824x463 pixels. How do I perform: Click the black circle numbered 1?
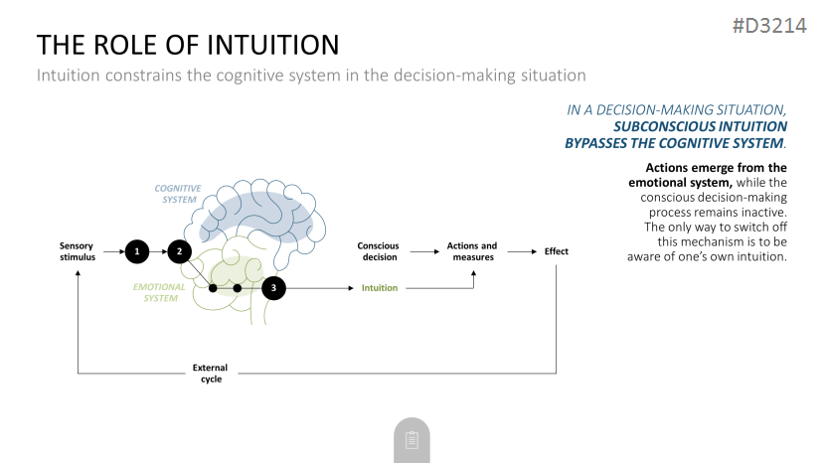[137, 251]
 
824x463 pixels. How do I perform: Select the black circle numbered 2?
[179, 251]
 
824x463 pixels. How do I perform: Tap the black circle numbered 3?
[273, 288]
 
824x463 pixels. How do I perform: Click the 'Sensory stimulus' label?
[77, 251]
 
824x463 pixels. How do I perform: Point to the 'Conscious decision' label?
[379, 251]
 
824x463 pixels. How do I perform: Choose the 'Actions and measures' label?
[472, 251]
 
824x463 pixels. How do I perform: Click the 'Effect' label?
[556, 251]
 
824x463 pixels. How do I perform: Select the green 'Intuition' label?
[380, 288]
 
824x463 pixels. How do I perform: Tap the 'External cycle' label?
[210, 374]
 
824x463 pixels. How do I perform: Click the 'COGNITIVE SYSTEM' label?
[178, 194]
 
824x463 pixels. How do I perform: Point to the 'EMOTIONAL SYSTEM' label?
[159, 292]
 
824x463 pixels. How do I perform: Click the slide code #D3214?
[769, 25]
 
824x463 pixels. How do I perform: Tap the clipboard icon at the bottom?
[412, 440]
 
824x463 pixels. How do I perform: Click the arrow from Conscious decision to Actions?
[424, 251]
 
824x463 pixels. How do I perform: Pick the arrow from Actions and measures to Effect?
[523, 251]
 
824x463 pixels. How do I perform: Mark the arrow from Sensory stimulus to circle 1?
[114, 251]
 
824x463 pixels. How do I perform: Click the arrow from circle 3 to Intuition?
[319, 288]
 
